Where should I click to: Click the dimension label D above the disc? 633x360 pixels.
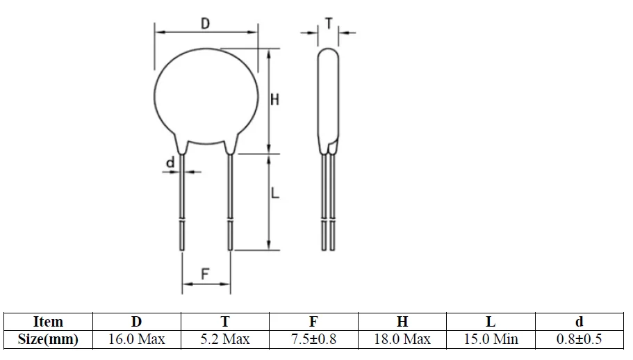tap(205, 24)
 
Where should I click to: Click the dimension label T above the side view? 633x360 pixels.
tap(328, 24)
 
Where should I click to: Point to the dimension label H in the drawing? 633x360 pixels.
tap(274, 100)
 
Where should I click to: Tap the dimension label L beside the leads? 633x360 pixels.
tap(274, 195)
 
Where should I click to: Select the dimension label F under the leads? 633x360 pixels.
tap(205, 274)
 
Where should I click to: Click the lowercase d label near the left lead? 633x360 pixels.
tap(169, 163)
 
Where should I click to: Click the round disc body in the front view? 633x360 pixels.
tap(205, 94)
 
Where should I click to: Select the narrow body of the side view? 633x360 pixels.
tap(329, 97)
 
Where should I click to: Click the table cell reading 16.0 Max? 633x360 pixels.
tap(136, 340)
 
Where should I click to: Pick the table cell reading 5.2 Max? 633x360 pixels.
tap(225, 340)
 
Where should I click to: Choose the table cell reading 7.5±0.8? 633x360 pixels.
tap(313, 340)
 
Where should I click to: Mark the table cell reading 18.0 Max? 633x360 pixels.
tap(402, 340)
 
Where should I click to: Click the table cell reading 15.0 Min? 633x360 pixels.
tap(491, 340)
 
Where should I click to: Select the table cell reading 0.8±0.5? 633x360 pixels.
tap(579, 340)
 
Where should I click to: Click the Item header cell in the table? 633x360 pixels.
tap(48, 322)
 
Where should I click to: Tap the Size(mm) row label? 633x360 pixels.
tap(48, 340)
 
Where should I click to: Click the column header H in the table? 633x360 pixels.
tap(402, 322)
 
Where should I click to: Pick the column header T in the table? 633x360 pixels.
tap(225, 322)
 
